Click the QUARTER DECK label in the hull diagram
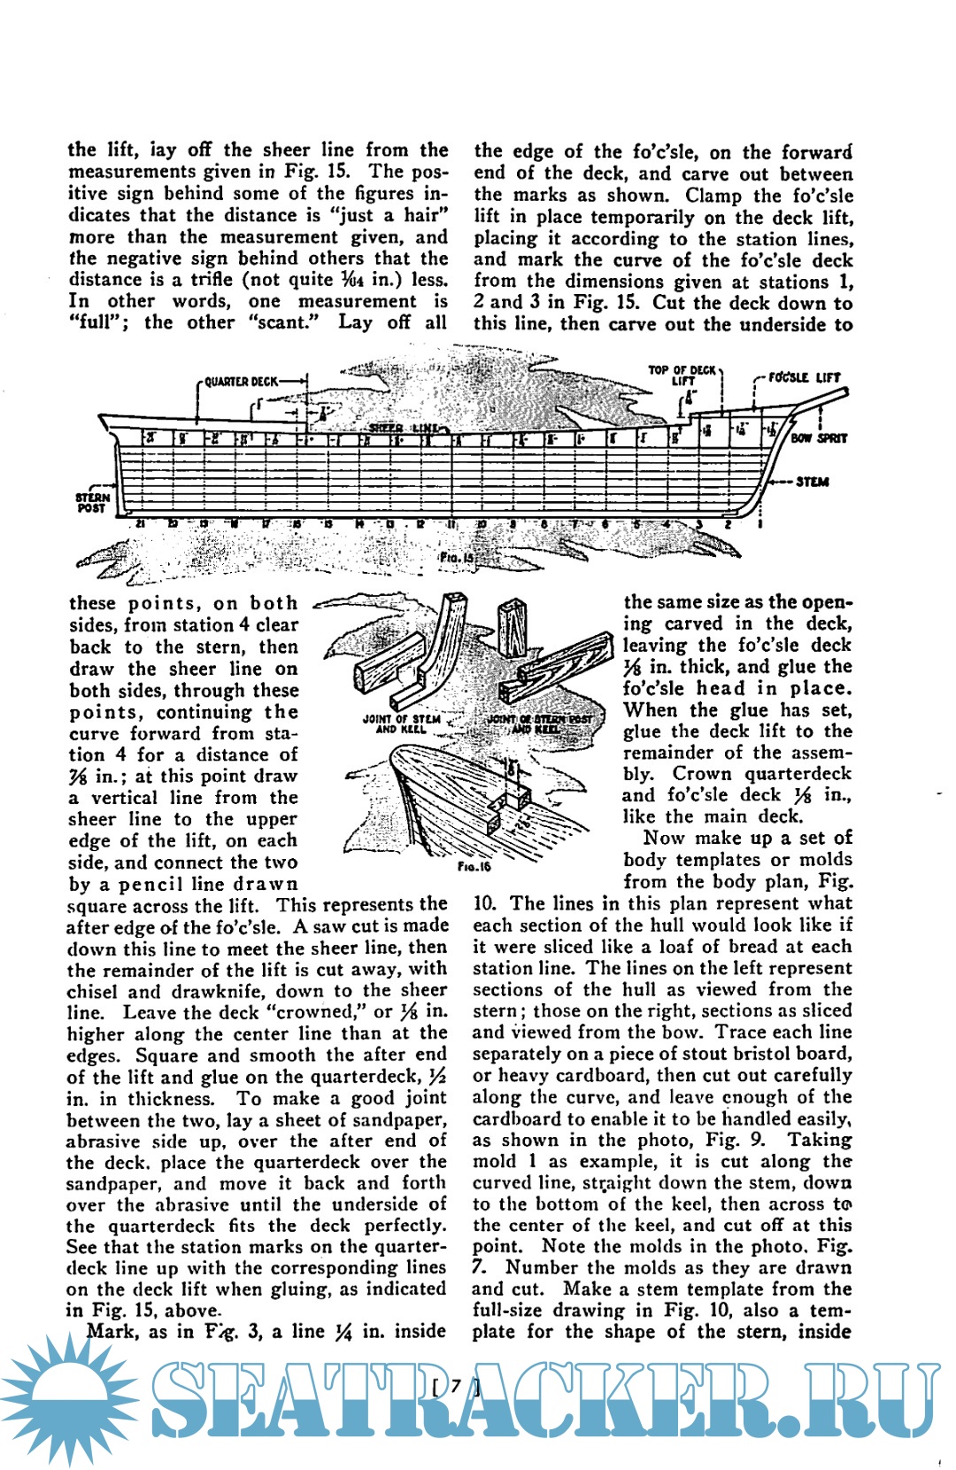coord(241,382)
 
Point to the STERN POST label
coord(91,503)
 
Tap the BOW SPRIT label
coord(819,437)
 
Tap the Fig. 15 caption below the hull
coord(457,558)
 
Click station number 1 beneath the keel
coord(759,523)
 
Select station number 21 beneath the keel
coord(140,523)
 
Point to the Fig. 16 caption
coord(474,866)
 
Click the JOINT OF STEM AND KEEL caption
coord(401,723)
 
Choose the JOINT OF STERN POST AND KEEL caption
coord(539,723)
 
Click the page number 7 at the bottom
coord(456,1386)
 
